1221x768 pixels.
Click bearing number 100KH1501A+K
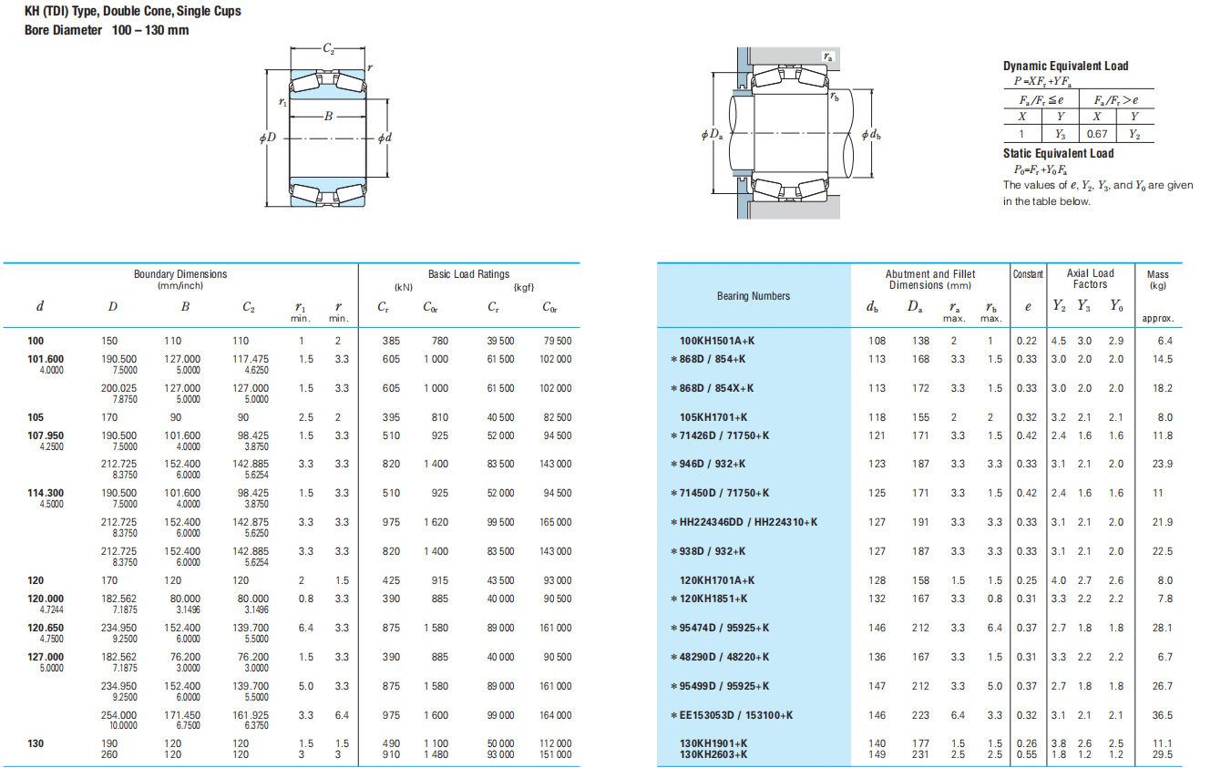coord(717,341)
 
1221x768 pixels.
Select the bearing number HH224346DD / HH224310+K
coord(748,522)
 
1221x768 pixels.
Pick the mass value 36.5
coord(1162,715)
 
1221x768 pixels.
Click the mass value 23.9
coord(1162,464)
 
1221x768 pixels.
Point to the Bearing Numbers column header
coord(754,296)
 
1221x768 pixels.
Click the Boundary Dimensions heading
coord(180,274)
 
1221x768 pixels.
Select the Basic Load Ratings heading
coord(468,274)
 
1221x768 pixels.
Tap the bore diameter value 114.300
coord(46,493)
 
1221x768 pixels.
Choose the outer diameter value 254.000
coord(118,715)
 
